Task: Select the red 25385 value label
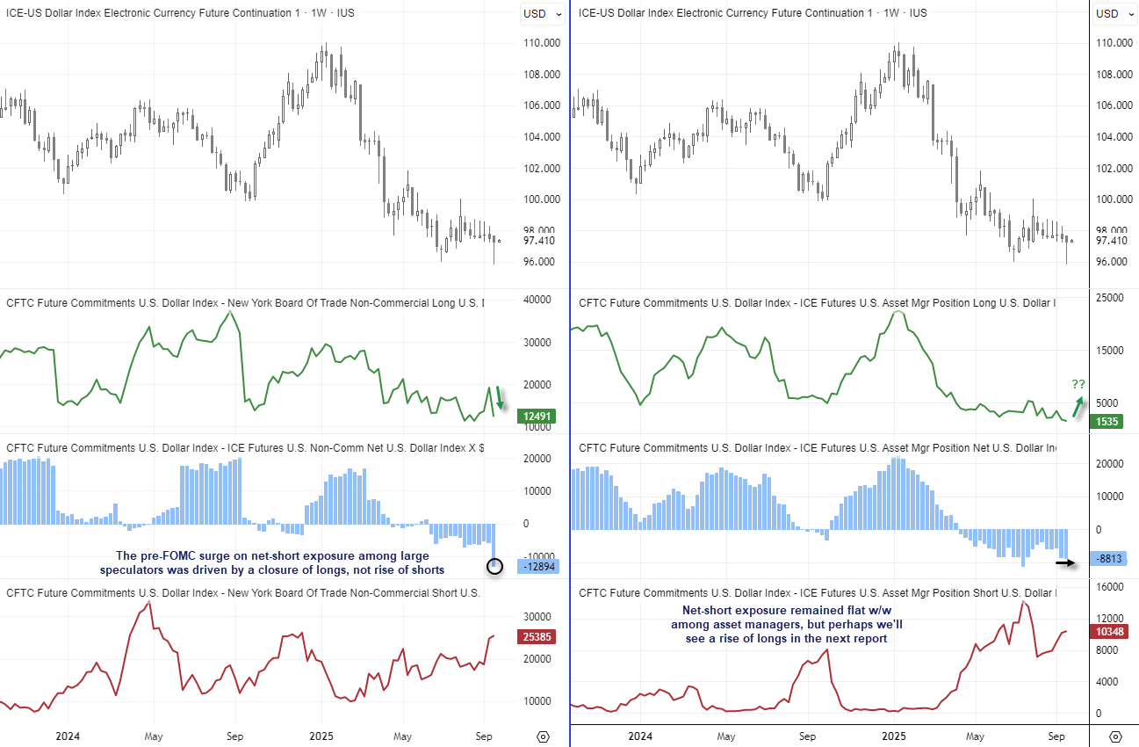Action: (x=537, y=635)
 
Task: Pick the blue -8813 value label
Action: (x=1110, y=558)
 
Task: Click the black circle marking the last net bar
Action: (x=494, y=567)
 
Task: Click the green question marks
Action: (x=1078, y=384)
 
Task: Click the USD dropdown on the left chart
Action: (x=535, y=13)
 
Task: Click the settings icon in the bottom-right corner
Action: (x=1115, y=736)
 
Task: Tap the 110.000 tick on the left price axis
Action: (x=541, y=43)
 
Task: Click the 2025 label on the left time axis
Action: (x=321, y=736)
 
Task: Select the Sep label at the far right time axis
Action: (x=1056, y=736)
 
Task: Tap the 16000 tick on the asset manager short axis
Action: (x=1110, y=587)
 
